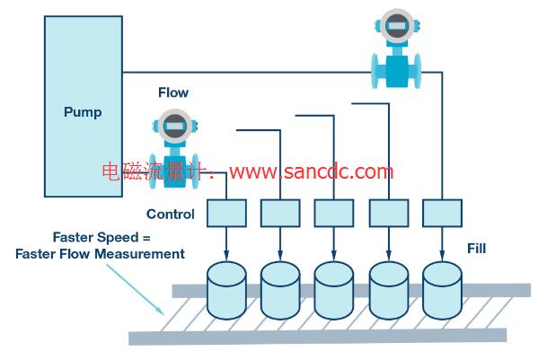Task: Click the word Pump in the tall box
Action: coord(83,113)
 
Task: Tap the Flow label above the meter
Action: coord(173,92)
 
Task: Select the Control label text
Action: coord(170,215)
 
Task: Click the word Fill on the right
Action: coord(477,248)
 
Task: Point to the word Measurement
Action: coord(139,254)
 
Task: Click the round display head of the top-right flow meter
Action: coord(397,26)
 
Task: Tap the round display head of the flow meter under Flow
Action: coord(175,126)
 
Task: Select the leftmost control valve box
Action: coord(226,213)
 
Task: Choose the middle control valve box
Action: coord(334,213)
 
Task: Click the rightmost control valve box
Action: coord(442,213)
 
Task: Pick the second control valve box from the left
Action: coord(280,213)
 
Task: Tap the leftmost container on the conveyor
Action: coord(226,290)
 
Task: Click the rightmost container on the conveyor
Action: coord(442,290)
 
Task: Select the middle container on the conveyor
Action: coord(334,290)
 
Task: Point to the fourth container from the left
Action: coord(389,290)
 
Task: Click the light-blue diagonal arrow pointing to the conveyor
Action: coord(136,289)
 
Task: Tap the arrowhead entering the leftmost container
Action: coord(226,255)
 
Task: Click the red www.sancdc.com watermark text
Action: coord(311,171)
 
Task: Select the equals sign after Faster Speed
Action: coord(146,238)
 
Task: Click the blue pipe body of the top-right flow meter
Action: coord(397,71)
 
